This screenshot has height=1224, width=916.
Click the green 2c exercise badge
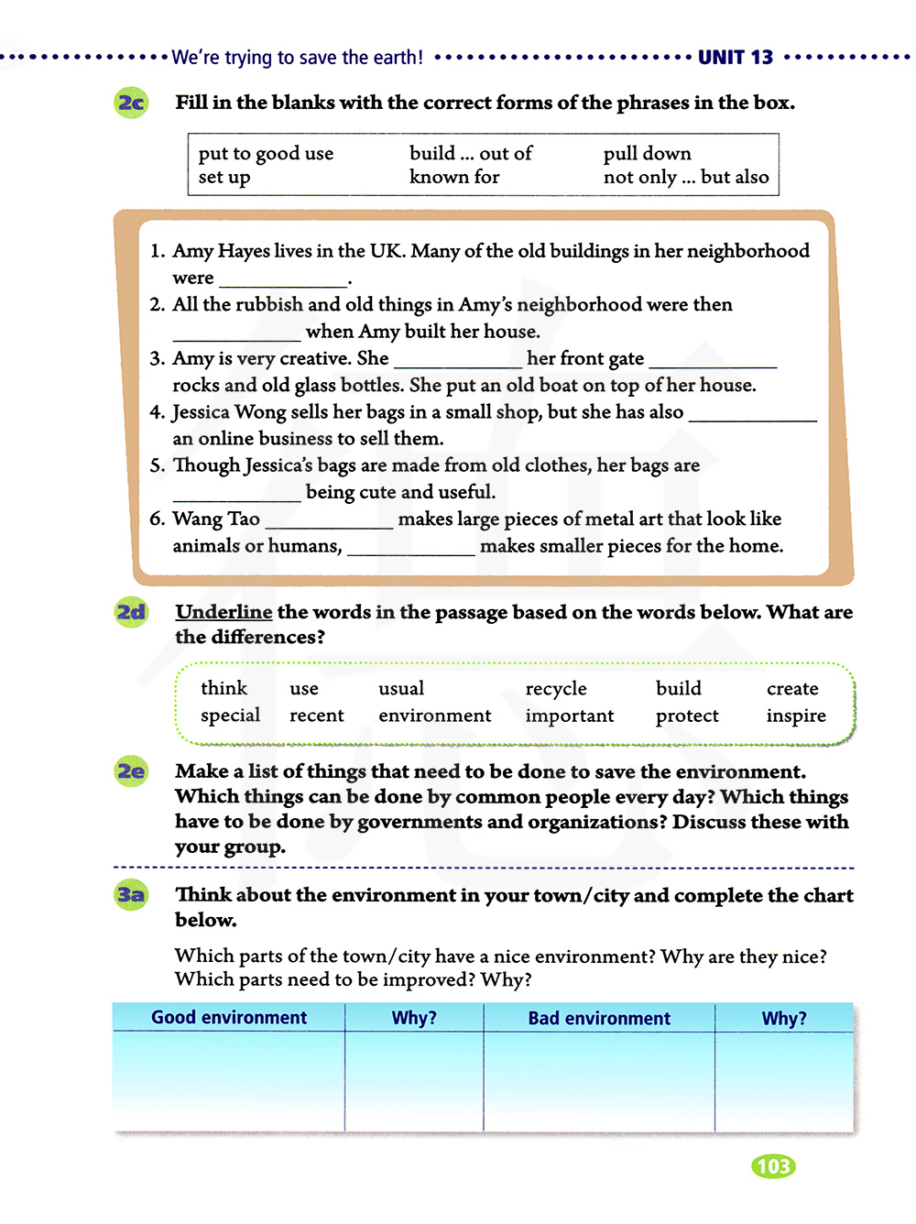pos(132,102)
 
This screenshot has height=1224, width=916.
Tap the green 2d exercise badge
pos(132,611)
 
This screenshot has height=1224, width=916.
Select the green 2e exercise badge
pos(132,771)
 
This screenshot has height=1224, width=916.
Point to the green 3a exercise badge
pos(132,894)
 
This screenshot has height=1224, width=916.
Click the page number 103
pos(773,1165)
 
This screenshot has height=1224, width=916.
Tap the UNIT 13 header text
pos(735,57)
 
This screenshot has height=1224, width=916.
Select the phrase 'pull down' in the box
pos(647,153)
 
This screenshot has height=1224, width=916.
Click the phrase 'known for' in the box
pos(454,177)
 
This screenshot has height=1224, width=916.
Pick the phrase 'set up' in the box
pos(224,177)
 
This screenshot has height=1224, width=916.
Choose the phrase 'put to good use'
pos(266,153)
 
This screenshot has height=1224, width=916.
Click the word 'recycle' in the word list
pos(556,688)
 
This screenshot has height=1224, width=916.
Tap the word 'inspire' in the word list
pos(796,716)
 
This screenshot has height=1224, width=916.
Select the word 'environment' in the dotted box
pos(435,716)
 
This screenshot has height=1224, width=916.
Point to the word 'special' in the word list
pos(230,716)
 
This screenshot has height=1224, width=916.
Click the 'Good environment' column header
pos(229,1018)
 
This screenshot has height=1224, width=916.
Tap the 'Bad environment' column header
pos(599,1018)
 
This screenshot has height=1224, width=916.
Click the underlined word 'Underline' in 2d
pos(224,612)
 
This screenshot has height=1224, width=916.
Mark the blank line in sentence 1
pos(283,280)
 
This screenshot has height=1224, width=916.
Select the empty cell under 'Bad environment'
pos(599,1081)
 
